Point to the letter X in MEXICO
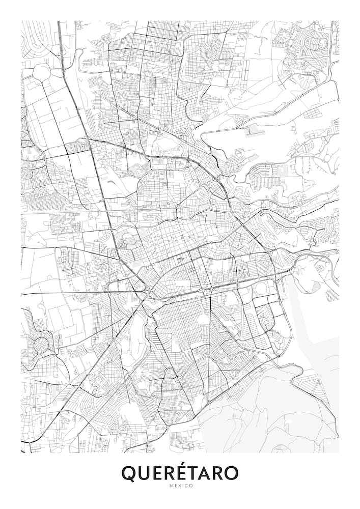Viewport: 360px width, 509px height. [178, 486]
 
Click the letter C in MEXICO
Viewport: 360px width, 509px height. [186, 486]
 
